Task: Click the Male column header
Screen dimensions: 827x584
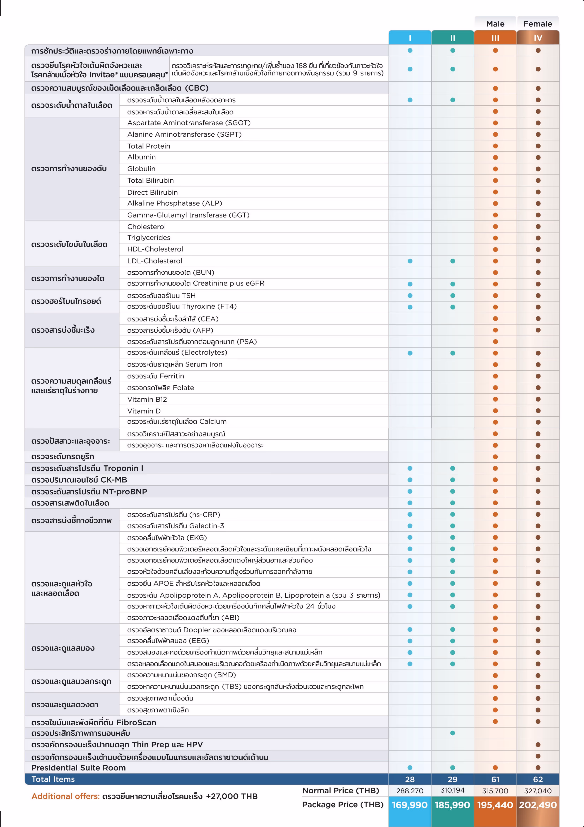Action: coord(495,24)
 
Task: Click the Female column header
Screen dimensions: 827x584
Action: coord(538,24)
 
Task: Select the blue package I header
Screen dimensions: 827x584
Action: coord(410,38)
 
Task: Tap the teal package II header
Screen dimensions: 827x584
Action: coord(452,38)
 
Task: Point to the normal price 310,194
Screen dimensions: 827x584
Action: coord(452,790)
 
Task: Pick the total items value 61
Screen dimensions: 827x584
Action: coord(495,779)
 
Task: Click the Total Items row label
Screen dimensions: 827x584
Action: coord(53,779)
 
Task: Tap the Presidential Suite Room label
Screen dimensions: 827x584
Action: coord(78,768)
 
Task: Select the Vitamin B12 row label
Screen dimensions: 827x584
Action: coord(147,399)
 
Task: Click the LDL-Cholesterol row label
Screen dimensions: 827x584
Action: coord(155,261)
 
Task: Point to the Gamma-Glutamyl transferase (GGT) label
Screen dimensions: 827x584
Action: coord(188,215)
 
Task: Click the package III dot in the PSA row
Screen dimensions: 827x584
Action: coord(495,341)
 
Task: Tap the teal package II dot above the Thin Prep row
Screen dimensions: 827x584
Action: coord(452,733)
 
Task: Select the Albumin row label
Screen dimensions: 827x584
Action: coord(141,157)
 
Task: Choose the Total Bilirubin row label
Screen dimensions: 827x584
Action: coord(150,181)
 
